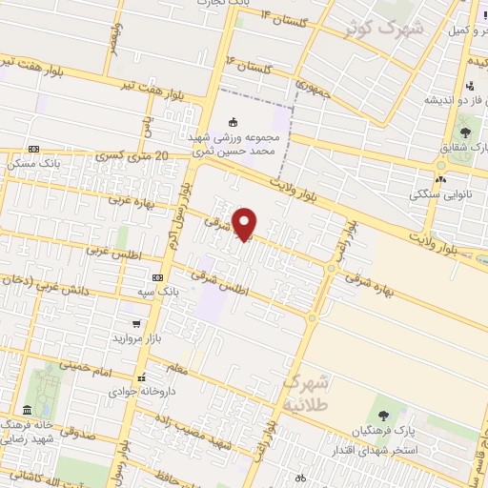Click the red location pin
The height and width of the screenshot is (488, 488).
click(x=246, y=223)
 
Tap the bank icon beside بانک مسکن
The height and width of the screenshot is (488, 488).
click(x=34, y=149)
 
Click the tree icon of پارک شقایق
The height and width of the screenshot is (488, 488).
click(x=465, y=132)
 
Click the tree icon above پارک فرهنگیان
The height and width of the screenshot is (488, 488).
click(x=383, y=415)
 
